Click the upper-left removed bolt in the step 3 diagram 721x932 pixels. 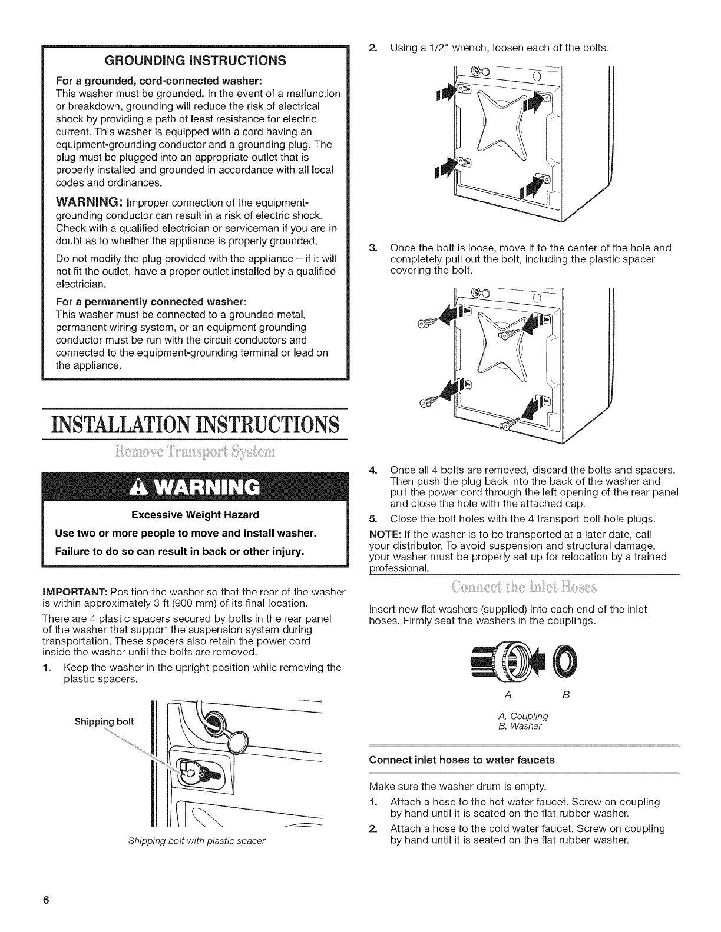point(427,322)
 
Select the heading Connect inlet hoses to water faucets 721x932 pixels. point(461,760)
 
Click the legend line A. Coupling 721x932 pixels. point(522,716)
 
